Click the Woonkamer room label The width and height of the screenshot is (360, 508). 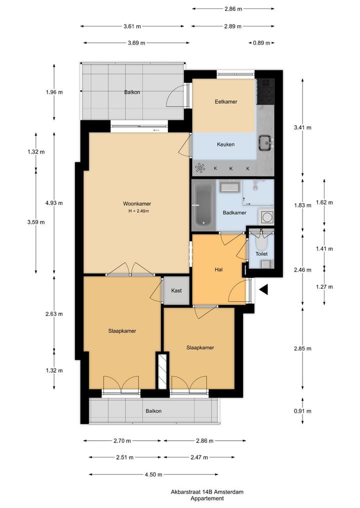(x=137, y=203)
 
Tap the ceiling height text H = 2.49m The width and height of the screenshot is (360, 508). (x=138, y=211)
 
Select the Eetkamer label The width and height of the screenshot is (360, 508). (x=225, y=101)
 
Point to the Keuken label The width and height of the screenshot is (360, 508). (x=225, y=144)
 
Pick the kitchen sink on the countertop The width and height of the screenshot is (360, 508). (x=265, y=143)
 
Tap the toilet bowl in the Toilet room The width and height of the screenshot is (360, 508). (x=261, y=243)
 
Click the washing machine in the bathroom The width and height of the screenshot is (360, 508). (x=266, y=217)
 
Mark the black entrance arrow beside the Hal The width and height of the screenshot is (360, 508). (x=263, y=289)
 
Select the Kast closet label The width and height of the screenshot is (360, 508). (x=176, y=291)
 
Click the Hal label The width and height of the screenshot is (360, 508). (x=218, y=270)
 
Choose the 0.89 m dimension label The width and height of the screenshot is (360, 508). (x=260, y=43)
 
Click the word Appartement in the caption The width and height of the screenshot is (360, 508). (x=206, y=499)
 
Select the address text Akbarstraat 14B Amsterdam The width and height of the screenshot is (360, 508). (x=206, y=492)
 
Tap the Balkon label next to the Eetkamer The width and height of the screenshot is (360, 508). (x=132, y=92)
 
